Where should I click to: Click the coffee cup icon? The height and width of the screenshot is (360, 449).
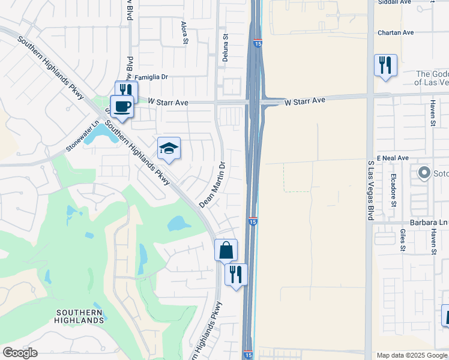[121, 107]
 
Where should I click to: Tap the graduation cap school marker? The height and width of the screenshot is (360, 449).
[169, 148]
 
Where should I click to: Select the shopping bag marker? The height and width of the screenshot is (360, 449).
[226, 250]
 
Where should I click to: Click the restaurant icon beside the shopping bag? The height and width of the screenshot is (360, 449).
[236, 274]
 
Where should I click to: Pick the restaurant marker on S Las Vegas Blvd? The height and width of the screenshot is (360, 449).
[385, 65]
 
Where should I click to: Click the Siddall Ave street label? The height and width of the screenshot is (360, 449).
[394, 2]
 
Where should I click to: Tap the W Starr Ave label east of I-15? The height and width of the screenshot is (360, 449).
[304, 101]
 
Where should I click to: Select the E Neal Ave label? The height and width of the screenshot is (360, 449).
[393, 158]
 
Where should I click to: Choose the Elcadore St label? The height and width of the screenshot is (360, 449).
[394, 190]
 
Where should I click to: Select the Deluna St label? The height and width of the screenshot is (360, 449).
[226, 44]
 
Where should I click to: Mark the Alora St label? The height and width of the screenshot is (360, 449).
[184, 33]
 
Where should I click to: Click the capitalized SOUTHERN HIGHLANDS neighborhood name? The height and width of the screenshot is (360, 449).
[80, 316]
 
